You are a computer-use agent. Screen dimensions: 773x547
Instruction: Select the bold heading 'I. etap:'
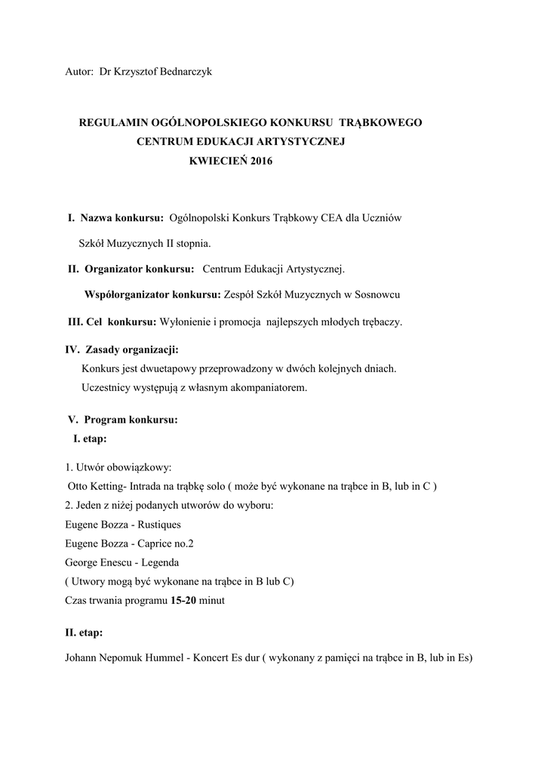(x=90, y=438)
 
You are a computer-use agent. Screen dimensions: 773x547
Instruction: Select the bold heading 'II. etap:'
(x=85, y=633)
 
